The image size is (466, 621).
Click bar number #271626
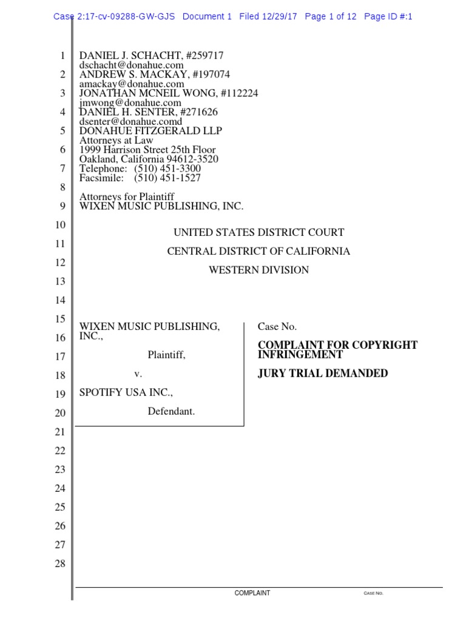click(x=195, y=112)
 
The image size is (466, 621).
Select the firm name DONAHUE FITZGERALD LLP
click(x=151, y=131)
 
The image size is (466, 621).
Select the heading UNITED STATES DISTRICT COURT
click(x=258, y=232)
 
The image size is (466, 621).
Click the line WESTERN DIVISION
click(x=258, y=270)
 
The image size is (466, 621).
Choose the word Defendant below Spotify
click(x=171, y=411)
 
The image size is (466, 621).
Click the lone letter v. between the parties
click(x=138, y=374)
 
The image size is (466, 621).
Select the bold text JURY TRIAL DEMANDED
click(x=323, y=374)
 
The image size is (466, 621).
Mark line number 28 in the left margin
click(x=59, y=563)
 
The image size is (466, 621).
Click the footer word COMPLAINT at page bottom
click(x=252, y=593)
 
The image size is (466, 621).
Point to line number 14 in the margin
click(x=59, y=300)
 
